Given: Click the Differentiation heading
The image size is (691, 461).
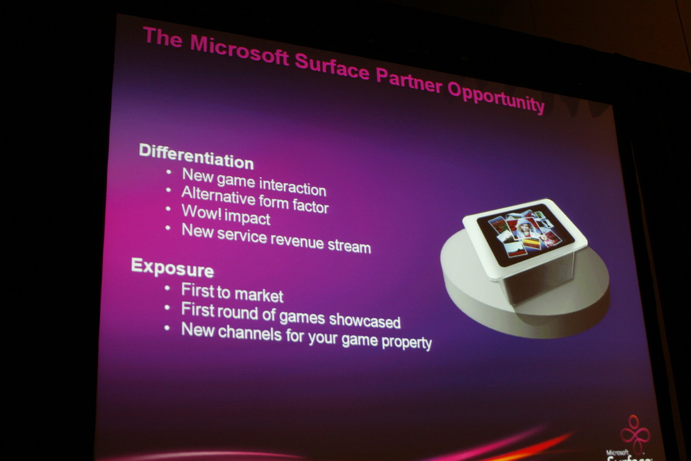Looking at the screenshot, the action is tap(196, 156).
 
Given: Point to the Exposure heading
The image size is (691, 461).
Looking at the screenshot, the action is tap(172, 268).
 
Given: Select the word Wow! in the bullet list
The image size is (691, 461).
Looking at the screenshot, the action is tap(202, 212).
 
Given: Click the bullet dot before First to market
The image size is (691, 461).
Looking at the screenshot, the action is tap(167, 288).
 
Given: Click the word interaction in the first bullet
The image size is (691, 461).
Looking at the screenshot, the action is tap(292, 186).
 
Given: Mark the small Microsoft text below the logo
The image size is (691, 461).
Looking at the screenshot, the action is tap(617, 452).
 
